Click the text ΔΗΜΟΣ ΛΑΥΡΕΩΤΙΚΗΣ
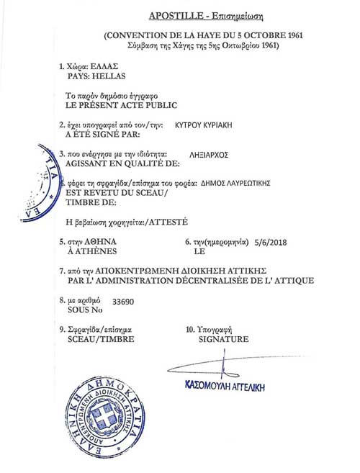235,183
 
